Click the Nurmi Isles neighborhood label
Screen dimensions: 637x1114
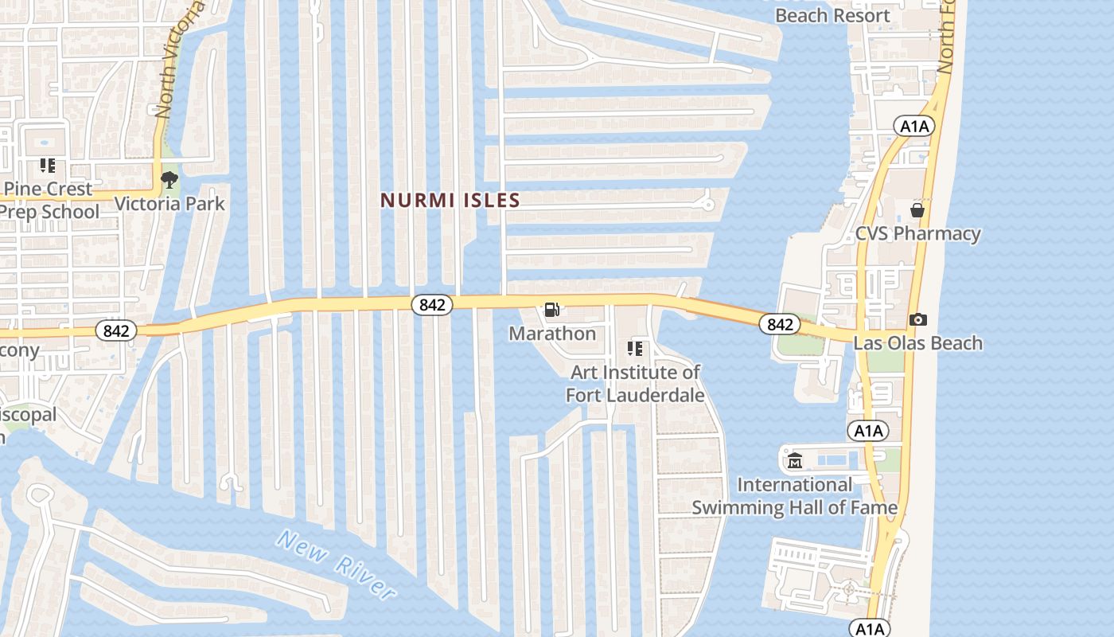click(450, 200)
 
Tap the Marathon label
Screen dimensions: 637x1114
click(552, 334)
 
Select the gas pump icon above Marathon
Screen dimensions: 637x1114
click(551, 310)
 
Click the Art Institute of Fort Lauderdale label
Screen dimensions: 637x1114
click(635, 383)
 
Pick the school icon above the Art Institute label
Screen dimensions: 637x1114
click(635, 348)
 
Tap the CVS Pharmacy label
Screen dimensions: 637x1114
click(917, 233)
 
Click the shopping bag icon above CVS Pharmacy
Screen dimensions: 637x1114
click(917, 210)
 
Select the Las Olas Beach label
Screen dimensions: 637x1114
click(917, 343)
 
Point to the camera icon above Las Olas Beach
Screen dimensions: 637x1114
click(917, 319)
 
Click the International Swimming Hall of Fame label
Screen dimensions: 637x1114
click(794, 496)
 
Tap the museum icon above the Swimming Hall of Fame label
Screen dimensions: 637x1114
click(794, 461)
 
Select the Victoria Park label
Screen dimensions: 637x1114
click(169, 204)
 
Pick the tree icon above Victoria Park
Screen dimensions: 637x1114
click(169, 180)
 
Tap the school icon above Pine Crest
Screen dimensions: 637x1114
click(48, 166)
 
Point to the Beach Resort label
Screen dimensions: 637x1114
click(832, 15)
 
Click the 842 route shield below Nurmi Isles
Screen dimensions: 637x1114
click(432, 304)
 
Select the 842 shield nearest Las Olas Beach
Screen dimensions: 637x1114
click(779, 324)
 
